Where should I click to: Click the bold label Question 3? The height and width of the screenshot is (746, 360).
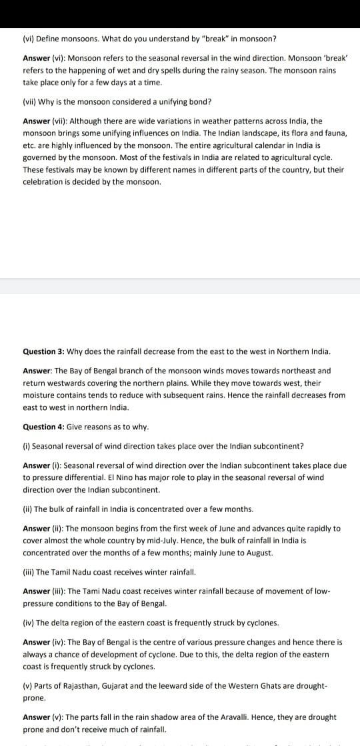[43, 351]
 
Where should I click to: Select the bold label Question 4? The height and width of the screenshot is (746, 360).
[43, 427]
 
